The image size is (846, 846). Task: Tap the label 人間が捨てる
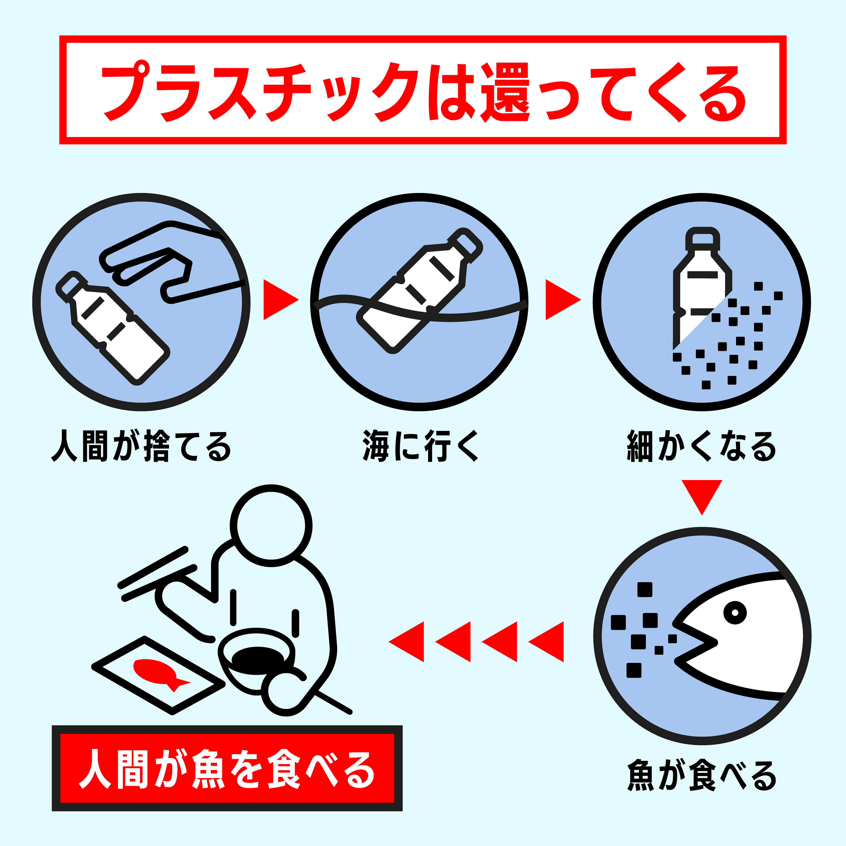coord(141,446)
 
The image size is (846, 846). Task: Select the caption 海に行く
coord(420,446)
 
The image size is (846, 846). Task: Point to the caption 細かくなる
coord(701,446)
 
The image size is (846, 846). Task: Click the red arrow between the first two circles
coord(281,300)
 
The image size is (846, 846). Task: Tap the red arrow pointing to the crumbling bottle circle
coord(563,300)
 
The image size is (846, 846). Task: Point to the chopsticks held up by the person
coord(158,574)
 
